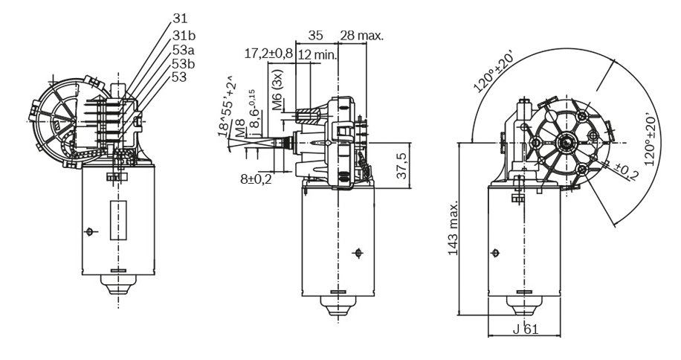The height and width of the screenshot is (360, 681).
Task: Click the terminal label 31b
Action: click(184, 36)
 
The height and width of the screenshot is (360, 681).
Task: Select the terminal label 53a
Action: click(184, 50)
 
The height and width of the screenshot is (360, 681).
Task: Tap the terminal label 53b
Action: click(184, 64)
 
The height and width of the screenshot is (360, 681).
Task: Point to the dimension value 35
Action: click(316, 35)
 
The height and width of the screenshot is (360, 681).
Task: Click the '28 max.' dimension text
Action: click(362, 35)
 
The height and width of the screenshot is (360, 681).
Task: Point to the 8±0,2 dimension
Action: click(256, 179)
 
